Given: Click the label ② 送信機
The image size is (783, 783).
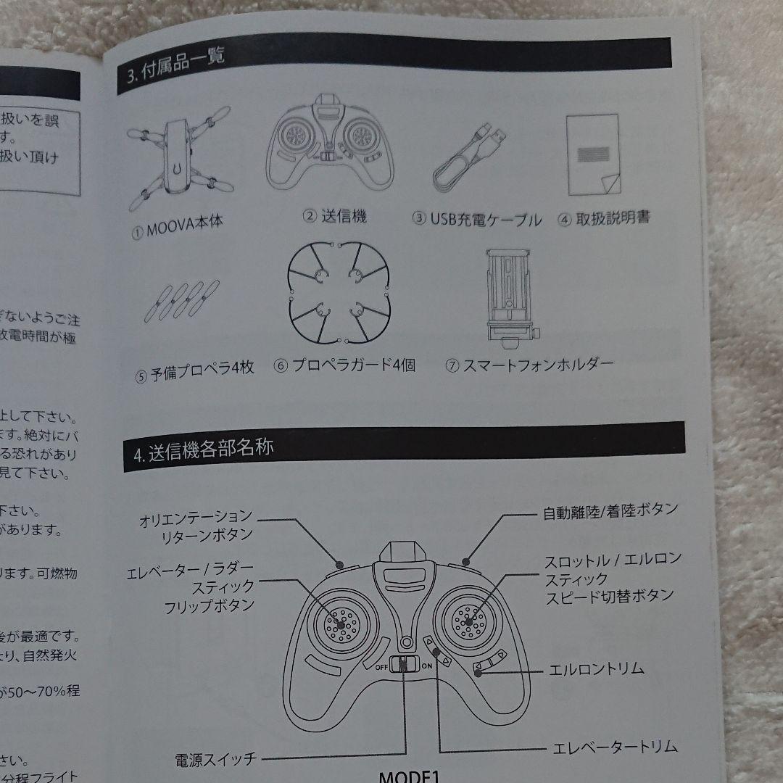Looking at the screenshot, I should point(334,216).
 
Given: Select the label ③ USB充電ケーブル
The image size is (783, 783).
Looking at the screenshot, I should point(476,219).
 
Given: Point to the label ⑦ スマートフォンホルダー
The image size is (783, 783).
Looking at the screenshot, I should point(529,365).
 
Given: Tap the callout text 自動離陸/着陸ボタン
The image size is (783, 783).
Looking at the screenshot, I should point(610,510).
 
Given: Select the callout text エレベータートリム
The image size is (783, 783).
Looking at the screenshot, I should point(615,747).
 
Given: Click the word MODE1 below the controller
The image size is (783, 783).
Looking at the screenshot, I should point(409,776).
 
